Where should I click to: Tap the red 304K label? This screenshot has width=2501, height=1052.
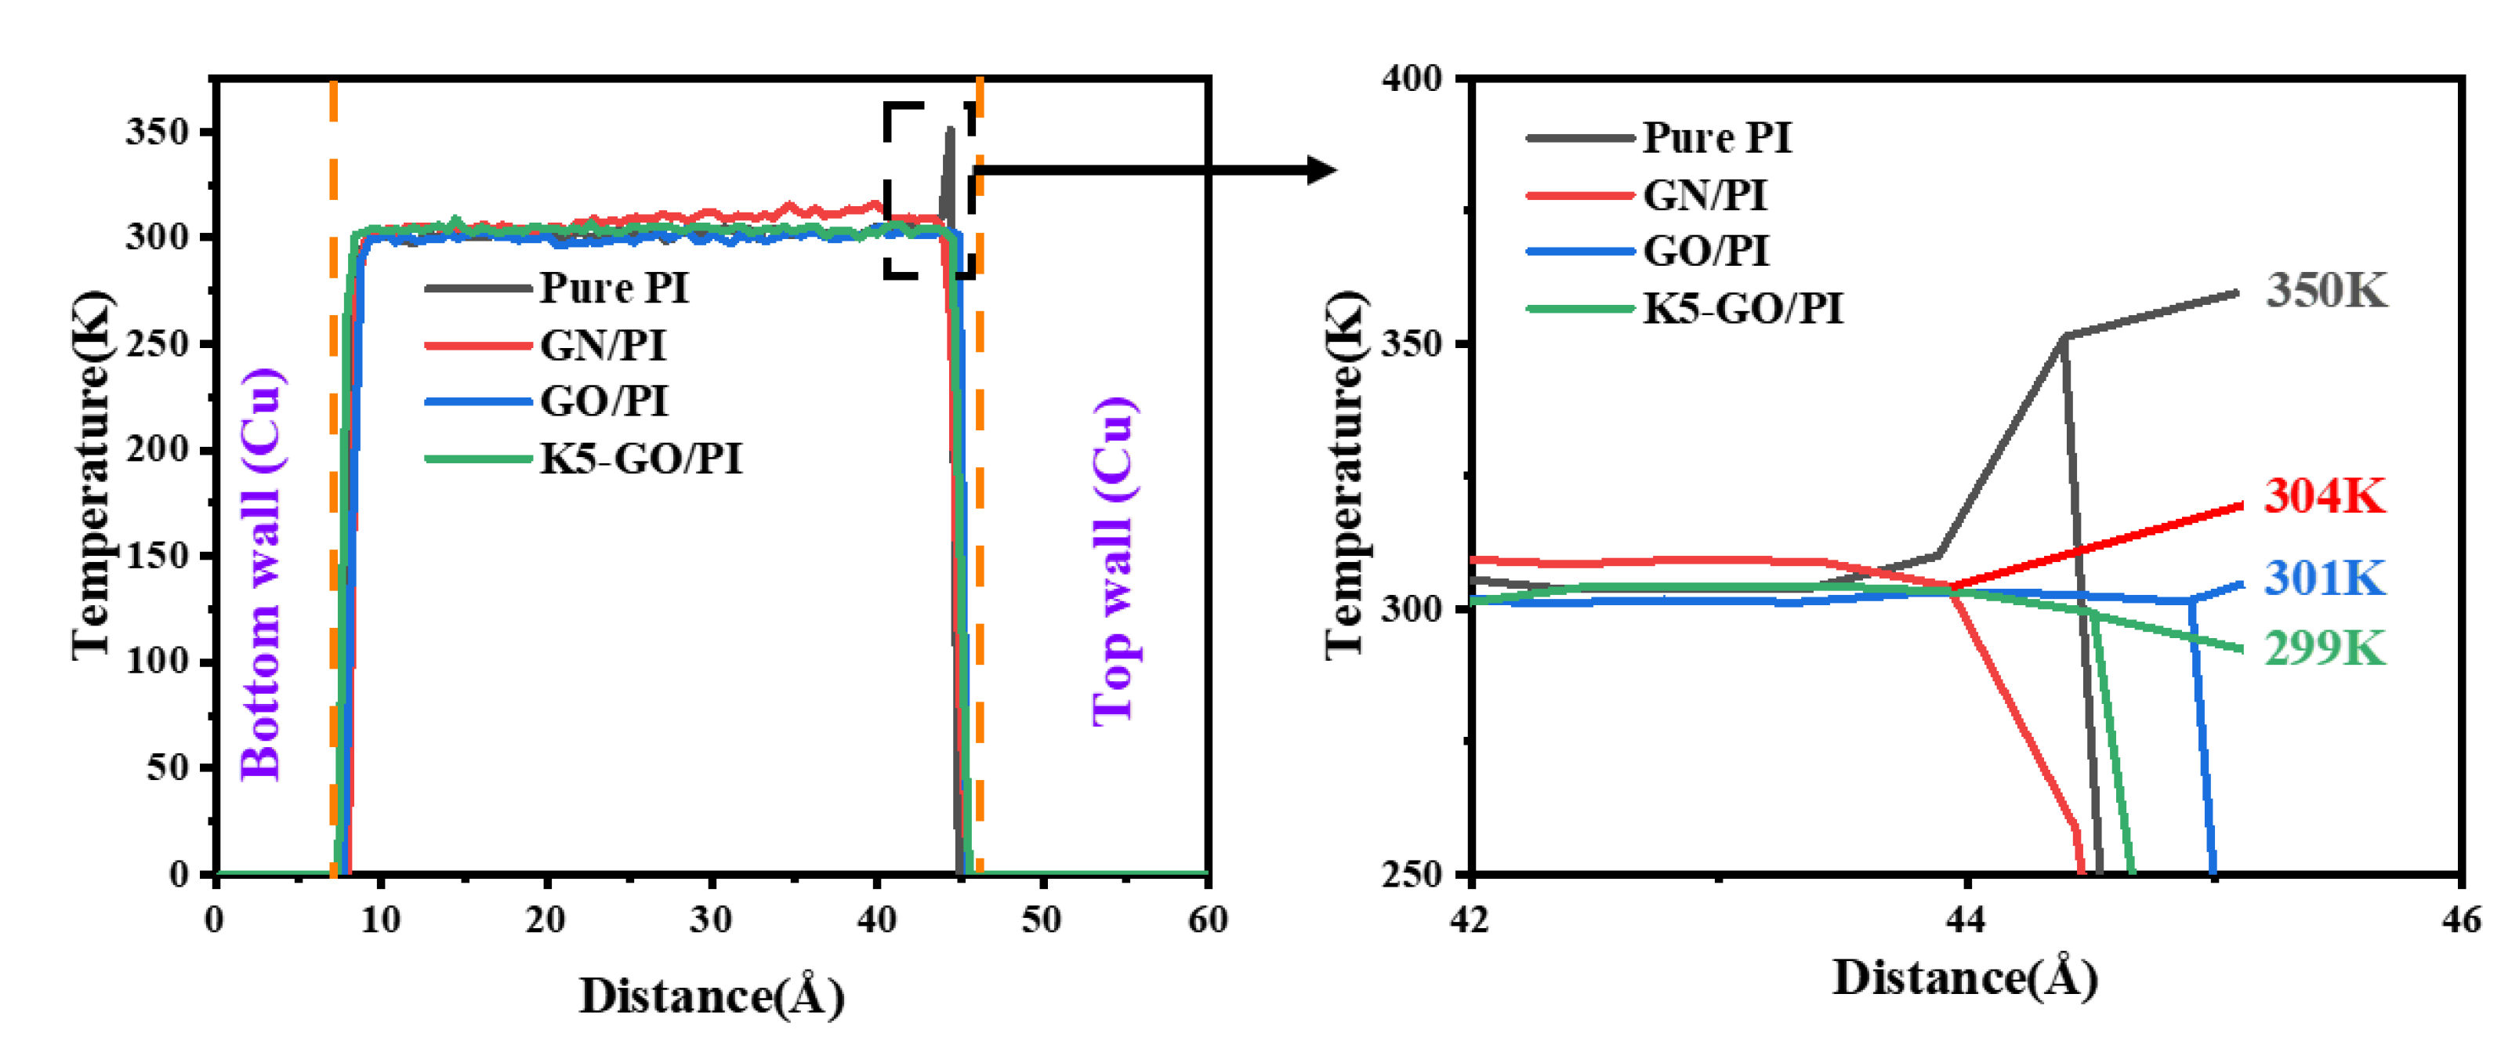tap(2325, 495)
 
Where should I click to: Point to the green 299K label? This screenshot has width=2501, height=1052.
tap(2325, 648)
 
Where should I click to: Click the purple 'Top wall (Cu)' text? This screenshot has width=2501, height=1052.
tap(1113, 560)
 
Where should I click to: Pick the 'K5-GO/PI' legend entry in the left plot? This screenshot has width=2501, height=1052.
tap(641, 458)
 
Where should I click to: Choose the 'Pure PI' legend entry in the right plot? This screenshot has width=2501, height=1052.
tap(1716, 137)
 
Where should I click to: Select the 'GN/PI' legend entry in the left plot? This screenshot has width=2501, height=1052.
tap(603, 344)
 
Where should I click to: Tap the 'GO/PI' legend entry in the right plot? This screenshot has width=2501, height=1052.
tap(1705, 251)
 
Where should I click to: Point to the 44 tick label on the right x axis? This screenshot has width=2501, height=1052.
tap(1966, 918)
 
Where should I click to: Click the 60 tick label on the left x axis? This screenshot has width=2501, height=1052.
tap(1207, 919)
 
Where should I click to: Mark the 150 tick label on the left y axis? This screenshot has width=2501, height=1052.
tap(158, 555)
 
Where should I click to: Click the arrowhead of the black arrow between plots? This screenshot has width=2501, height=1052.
tap(1321, 170)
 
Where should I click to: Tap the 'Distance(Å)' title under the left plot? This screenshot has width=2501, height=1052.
tap(712, 996)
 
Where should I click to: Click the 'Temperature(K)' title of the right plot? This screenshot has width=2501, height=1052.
tap(1346, 474)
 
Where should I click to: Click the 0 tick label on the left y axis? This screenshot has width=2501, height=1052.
tap(179, 873)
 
